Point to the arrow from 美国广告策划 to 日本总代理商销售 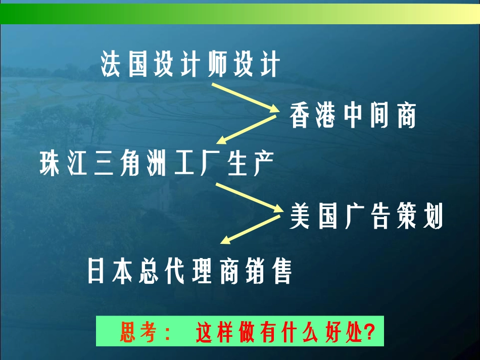tap(250, 229)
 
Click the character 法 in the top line tap(112, 65)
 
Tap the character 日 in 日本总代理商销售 tap(97, 271)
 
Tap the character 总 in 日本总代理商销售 tap(150, 271)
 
